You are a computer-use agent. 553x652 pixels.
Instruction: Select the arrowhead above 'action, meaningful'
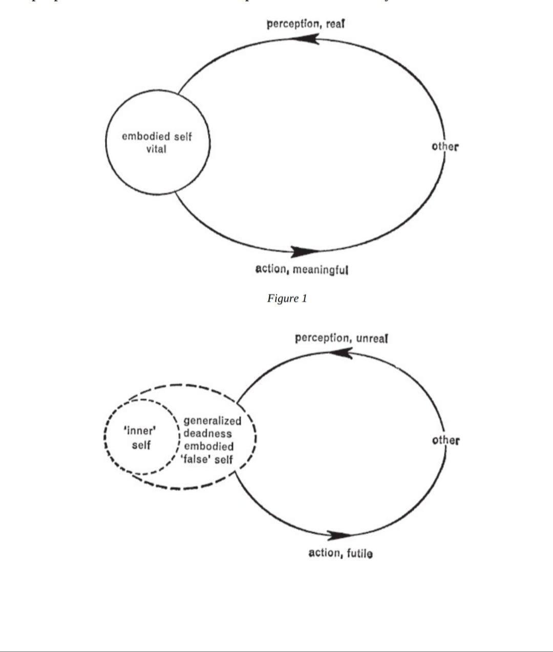tap(306, 251)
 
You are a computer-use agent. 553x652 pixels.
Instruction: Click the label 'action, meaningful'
tap(302, 269)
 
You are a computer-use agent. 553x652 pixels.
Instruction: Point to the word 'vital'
tap(156, 149)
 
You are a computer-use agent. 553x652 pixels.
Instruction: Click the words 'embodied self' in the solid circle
tap(157, 137)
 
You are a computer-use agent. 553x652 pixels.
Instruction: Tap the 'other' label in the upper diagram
tap(445, 146)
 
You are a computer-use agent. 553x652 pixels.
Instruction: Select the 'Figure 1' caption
tap(287, 298)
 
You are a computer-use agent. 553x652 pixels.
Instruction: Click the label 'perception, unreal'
tap(341, 338)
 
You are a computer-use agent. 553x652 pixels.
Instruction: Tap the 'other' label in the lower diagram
tap(445, 440)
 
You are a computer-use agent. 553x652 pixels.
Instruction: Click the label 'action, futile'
tap(341, 553)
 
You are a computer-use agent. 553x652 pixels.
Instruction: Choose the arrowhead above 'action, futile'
tap(339, 535)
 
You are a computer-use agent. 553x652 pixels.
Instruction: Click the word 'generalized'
tap(212, 421)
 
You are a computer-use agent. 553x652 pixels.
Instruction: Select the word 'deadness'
tap(207, 433)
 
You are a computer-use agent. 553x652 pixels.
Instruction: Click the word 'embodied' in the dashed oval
tap(208, 446)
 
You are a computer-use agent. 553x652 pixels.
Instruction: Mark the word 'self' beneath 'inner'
tap(141, 445)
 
